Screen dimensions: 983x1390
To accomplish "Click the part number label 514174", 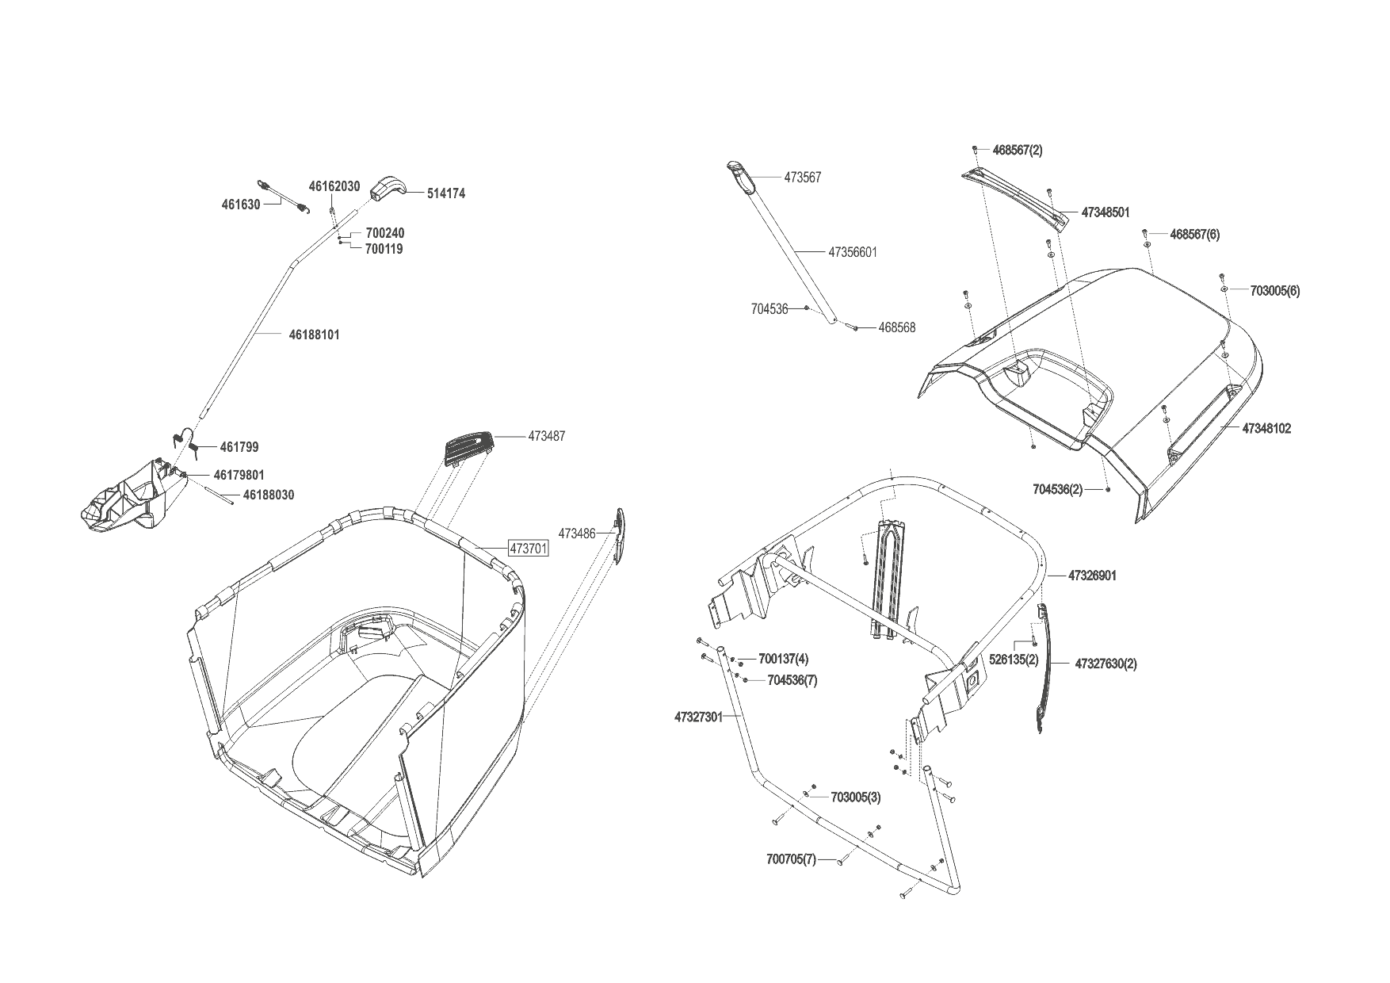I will coord(445,193).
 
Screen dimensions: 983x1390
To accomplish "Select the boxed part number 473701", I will coord(528,549).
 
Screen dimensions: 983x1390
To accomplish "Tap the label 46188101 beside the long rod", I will coord(314,335).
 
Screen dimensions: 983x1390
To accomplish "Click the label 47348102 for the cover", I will coord(1266,429).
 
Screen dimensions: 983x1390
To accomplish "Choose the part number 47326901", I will coord(1092,576).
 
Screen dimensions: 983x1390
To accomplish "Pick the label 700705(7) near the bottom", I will coord(791,859).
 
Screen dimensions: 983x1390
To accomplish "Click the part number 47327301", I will coord(698,717).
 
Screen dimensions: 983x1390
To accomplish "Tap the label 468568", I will coord(896,328).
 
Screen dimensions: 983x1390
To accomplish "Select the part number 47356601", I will coord(853,253).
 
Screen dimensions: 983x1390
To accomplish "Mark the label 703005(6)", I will coord(1274,291).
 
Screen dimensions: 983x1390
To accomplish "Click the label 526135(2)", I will coord(1014,660).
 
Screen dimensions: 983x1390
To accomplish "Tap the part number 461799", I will coord(239,448).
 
